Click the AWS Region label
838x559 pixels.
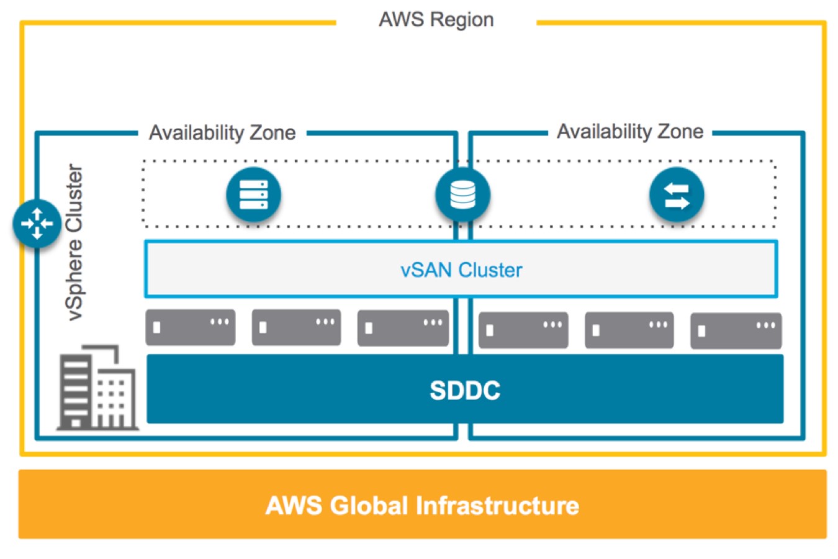pyautogui.click(x=436, y=20)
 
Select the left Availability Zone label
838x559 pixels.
pyautogui.click(x=222, y=132)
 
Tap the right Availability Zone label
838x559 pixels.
pyautogui.click(x=630, y=132)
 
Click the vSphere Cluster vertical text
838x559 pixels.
pyautogui.click(x=75, y=242)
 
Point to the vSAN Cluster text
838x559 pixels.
pyautogui.click(x=461, y=270)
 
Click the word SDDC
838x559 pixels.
pyautogui.click(x=465, y=390)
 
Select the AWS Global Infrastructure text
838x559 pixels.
pyautogui.click(x=422, y=506)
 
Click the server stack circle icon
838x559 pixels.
pyautogui.click(x=253, y=195)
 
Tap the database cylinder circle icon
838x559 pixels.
pyautogui.click(x=462, y=195)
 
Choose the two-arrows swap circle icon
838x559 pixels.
pyautogui.click(x=677, y=195)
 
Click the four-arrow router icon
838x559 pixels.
pyautogui.click(x=37, y=223)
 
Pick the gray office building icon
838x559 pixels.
pyautogui.click(x=97, y=388)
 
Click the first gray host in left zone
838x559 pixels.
pyautogui.click(x=191, y=327)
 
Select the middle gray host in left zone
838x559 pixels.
pyautogui.click(x=296, y=327)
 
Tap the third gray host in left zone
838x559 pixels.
pyautogui.click(x=403, y=327)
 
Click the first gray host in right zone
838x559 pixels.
pyautogui.click(x=523, y=330)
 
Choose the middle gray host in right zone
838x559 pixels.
pyautogui.click(x=629, y=330)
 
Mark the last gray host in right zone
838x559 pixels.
pyautogui.click(x=736, y=330)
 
